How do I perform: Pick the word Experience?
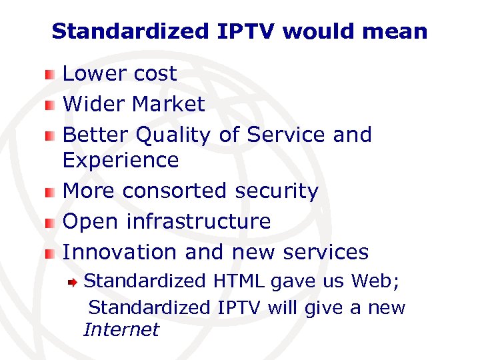[121, 161]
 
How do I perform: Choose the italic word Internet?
[121, 329]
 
